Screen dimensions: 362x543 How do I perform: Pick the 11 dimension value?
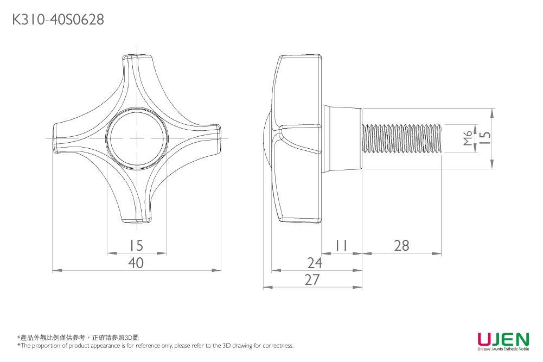pyautogui.click(x=341, y=246)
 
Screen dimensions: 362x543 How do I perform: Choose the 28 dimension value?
pyautogui.click(x=401, y=246)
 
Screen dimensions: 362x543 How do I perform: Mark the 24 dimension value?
pyautogui.click(x=314, y=263)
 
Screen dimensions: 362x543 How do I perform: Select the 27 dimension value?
pyautogui.click(x=312, y=280)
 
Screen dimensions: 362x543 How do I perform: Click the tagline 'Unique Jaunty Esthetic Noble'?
pyautogui.click(x=503, y=349)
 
